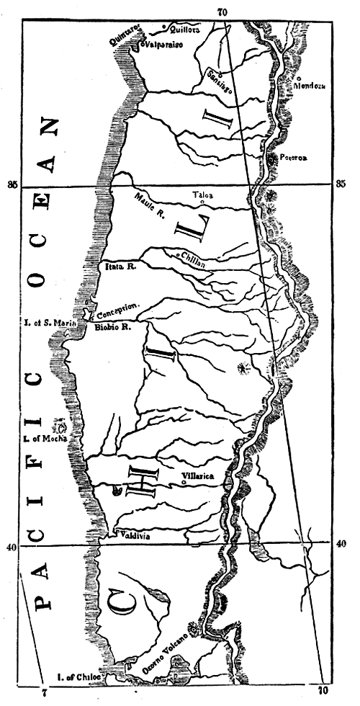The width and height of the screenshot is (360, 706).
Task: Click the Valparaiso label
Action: pyautogui.click(x=165, y=45)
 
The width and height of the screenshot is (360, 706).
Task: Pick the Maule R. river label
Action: pyautogui.click(x=150, y=200)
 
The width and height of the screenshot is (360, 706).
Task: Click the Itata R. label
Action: pyautogui.click(x=122, y=266)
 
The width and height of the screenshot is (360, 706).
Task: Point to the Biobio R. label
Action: pyautogui.click(x=112, y=327)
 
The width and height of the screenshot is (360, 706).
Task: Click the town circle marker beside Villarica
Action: pyautogui.click(x=185, y=483)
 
